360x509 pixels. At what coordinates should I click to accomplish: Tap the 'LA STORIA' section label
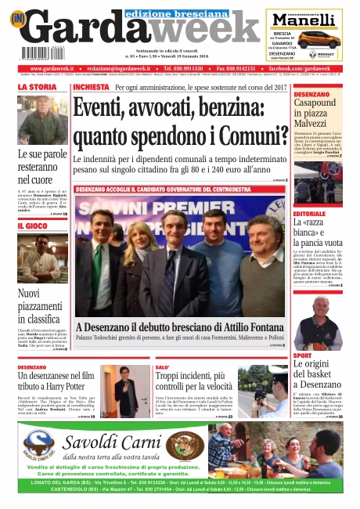[x=38, y=87]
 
